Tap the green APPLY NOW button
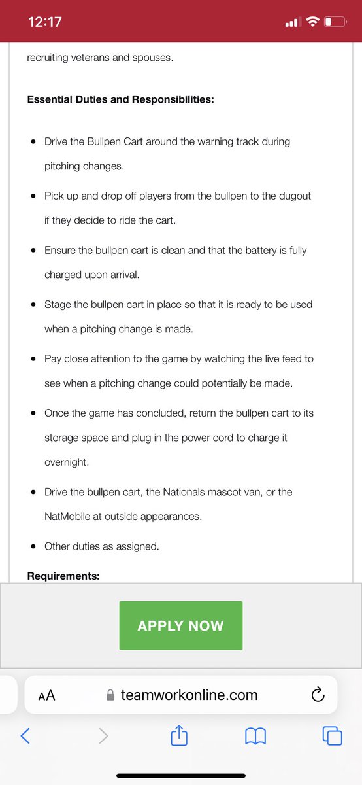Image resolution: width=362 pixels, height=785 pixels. pyautogui.click(x=180, y=625)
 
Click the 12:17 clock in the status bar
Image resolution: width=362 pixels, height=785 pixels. pyautogui.click(x=45, y=22)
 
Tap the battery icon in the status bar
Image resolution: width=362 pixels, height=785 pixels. pyautogui.click(x=335, y=22)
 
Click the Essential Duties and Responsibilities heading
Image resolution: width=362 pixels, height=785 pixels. pyautogui.click(x=121, y=99)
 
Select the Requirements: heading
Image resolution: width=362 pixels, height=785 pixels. pyautogui.click(x=63, y=576)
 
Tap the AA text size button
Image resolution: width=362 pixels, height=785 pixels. pyautogui.click(x=46, y=695)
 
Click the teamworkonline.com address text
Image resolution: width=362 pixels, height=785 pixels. pyautogui.click(x=189, y=695)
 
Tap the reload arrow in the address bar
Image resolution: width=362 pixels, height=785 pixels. pyautogui.click(x=318, y=695)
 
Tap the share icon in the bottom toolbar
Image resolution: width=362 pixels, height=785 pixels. pyautogui.click(x=178, y=737)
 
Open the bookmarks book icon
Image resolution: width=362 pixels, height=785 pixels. pyautogui.click(x=255, y=737)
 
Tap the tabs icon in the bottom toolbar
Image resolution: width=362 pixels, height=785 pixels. pyautogui.click(x=332, y=737)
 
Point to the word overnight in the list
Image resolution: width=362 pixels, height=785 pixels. pyautogui.click(x=66, y=462)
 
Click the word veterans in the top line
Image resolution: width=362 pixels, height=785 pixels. pyautogui.click(x=91, y=58)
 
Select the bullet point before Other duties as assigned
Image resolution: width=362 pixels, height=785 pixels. pyautogui.click(x=33, y=546)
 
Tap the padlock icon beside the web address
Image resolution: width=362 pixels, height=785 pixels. pyautogui.click(x=110, y=695)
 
